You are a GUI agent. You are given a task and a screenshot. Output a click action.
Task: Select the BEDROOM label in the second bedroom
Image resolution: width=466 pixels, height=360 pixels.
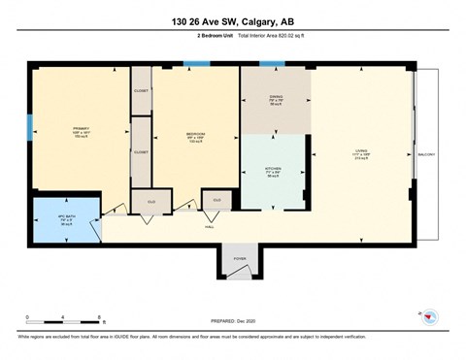pos(194,134)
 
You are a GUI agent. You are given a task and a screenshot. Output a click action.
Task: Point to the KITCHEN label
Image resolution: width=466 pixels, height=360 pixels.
pos(275,168)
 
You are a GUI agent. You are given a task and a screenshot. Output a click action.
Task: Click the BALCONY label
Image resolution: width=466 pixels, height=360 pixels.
pos(426,152)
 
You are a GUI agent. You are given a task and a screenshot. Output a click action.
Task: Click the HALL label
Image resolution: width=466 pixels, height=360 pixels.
pos(210,226)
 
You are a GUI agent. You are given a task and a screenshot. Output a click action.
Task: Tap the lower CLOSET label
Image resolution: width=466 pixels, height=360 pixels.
pos(141,152)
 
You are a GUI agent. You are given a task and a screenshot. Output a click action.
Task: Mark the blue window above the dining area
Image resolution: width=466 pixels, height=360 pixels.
pos(273,64)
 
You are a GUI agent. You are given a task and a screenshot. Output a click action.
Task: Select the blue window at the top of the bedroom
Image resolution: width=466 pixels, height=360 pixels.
pos(197,64)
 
